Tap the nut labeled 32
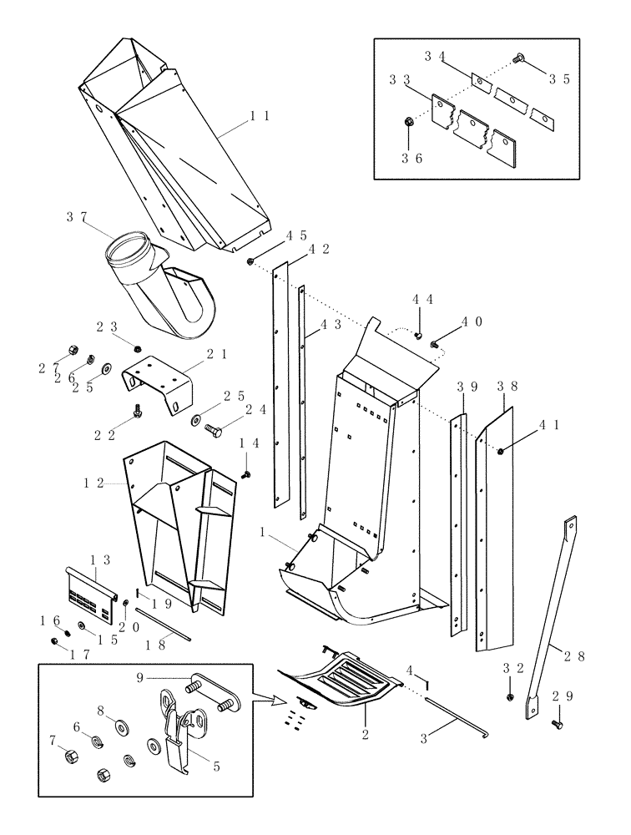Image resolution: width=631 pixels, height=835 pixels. tap(511, 696)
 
